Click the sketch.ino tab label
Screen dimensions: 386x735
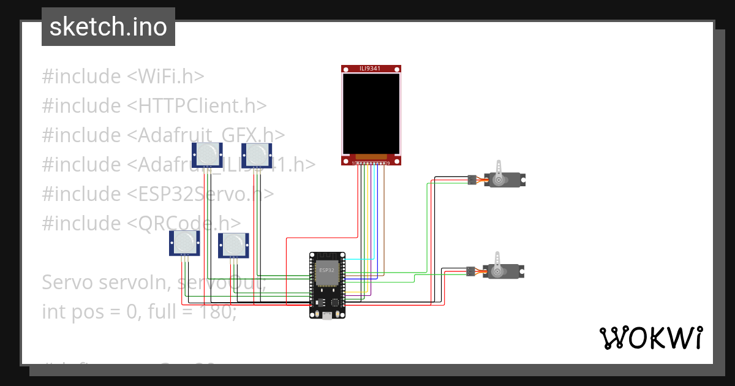coord(108,27)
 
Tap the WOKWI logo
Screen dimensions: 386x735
coord(650,338)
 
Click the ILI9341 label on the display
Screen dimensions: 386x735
coord(370,69)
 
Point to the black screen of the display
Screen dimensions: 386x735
coord(371,113)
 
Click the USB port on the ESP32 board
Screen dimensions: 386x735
coord(328,316)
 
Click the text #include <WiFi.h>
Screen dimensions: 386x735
coord(123,77)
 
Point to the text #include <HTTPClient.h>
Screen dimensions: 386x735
coord(154,106)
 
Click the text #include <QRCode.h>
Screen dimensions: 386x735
coord(141,223)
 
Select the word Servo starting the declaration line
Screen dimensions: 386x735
coord(65,282)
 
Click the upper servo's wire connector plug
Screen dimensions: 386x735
coord(472,180)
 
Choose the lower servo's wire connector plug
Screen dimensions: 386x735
coord(470,271)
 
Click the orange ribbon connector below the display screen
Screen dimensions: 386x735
coord(371,157)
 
